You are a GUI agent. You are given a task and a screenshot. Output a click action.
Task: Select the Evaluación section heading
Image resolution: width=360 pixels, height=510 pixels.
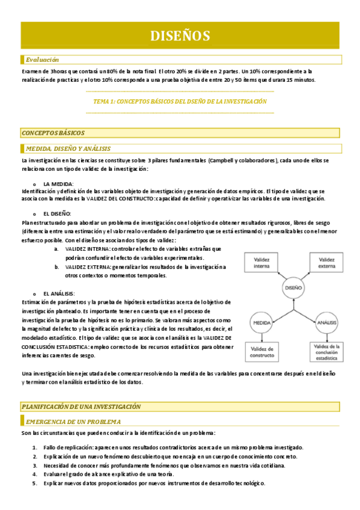point(42,60)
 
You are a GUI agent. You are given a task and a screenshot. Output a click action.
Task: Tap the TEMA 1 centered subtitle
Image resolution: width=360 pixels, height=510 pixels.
point(180,102)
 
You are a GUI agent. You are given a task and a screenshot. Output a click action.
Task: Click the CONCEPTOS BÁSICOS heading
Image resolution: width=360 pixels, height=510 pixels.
point(53,132)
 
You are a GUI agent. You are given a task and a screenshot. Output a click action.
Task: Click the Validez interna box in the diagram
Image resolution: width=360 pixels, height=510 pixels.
point(261,262)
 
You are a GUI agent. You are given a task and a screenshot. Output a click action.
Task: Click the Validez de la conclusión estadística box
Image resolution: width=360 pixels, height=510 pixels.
point(326,352)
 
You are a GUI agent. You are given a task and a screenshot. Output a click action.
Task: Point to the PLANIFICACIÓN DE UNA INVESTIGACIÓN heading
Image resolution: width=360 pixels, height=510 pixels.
point(81,407)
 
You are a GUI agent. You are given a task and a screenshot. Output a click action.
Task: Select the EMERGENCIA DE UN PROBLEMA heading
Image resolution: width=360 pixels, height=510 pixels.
point(73,422)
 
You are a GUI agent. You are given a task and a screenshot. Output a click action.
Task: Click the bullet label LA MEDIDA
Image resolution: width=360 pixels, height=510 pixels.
point(58,183)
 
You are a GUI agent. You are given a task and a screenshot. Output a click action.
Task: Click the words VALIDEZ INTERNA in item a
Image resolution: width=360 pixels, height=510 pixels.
point(87,249)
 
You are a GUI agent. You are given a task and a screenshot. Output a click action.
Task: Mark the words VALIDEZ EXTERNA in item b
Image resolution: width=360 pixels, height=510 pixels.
point(87,267)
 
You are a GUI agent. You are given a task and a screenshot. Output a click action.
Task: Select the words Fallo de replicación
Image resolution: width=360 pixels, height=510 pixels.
point(67,447)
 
